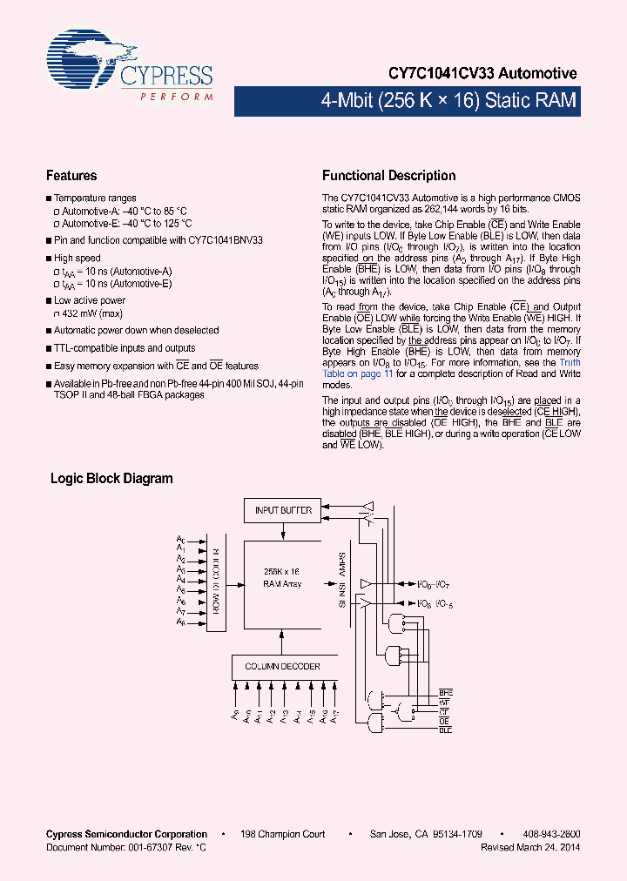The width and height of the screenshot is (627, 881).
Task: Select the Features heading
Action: tap(71, 176)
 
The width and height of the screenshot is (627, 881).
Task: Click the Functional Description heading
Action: tap(388, 176)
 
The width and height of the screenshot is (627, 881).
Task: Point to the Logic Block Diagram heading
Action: tap(111, 479)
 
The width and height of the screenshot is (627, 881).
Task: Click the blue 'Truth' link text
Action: tap(570, 362)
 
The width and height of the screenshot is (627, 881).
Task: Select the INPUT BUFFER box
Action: tap(283, 510)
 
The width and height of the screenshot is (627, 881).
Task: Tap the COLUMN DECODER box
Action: tap(281, 667)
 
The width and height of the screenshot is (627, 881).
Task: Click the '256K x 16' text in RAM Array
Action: tap(282, 572)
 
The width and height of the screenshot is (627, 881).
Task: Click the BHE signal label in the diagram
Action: tap(445, 690)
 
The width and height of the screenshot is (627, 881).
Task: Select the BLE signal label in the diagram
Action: tap(445, 730)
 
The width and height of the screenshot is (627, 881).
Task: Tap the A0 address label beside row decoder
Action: tap(180, 540)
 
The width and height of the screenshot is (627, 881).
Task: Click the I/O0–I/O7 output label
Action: tap(431, 582)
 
